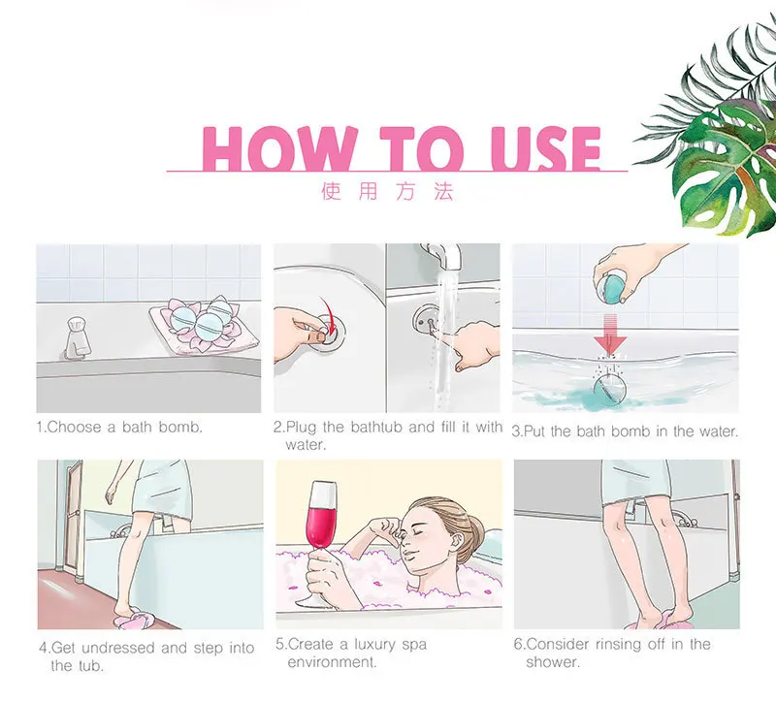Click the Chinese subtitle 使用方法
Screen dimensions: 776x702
pos(387,191)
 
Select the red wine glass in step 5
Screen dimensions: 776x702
pos(321,543)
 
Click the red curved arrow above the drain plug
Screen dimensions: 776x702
pos(327,314)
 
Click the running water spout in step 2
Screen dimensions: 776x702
pos(443,257)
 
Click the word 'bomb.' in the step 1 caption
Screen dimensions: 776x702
pos(181,427)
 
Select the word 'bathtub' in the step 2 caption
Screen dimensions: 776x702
pos(376,427)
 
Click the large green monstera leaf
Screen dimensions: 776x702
pos(727,168)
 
